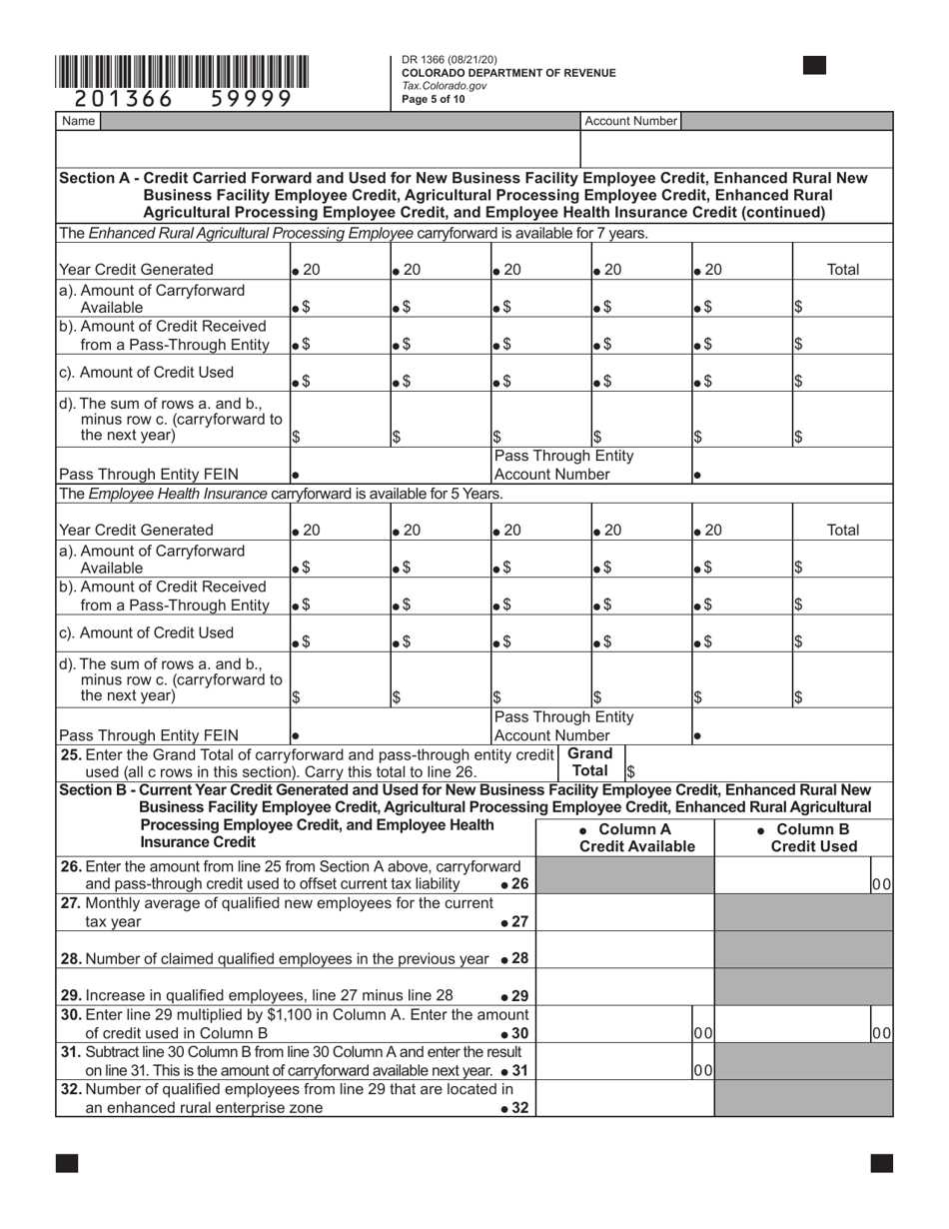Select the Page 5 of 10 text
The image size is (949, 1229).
434,99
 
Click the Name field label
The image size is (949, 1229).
78,121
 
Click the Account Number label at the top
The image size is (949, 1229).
630,121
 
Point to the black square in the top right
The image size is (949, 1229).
814,66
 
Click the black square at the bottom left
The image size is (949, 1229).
66,1162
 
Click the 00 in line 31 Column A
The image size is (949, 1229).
703,1069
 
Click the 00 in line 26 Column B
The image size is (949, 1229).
881,884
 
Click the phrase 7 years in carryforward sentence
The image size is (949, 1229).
623,233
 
